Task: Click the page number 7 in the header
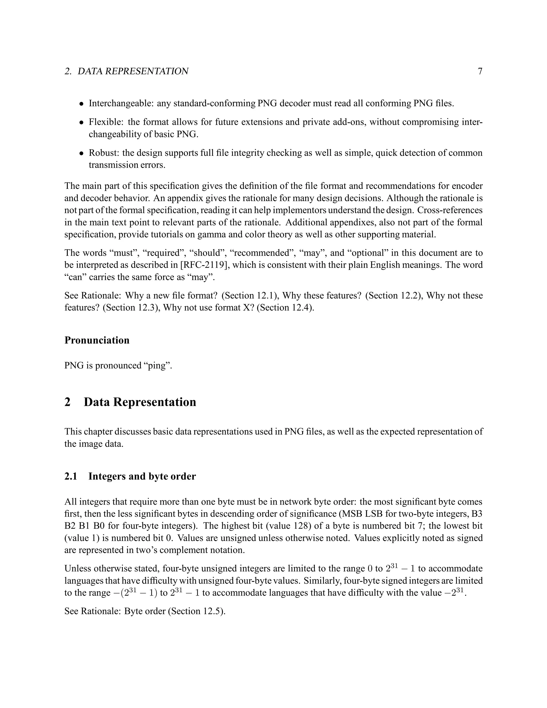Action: [480, 71]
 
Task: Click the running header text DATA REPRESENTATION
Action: [133, 71]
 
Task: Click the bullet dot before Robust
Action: [82, 153]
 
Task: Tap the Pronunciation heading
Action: [97, 340]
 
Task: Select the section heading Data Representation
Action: [140, 402]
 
